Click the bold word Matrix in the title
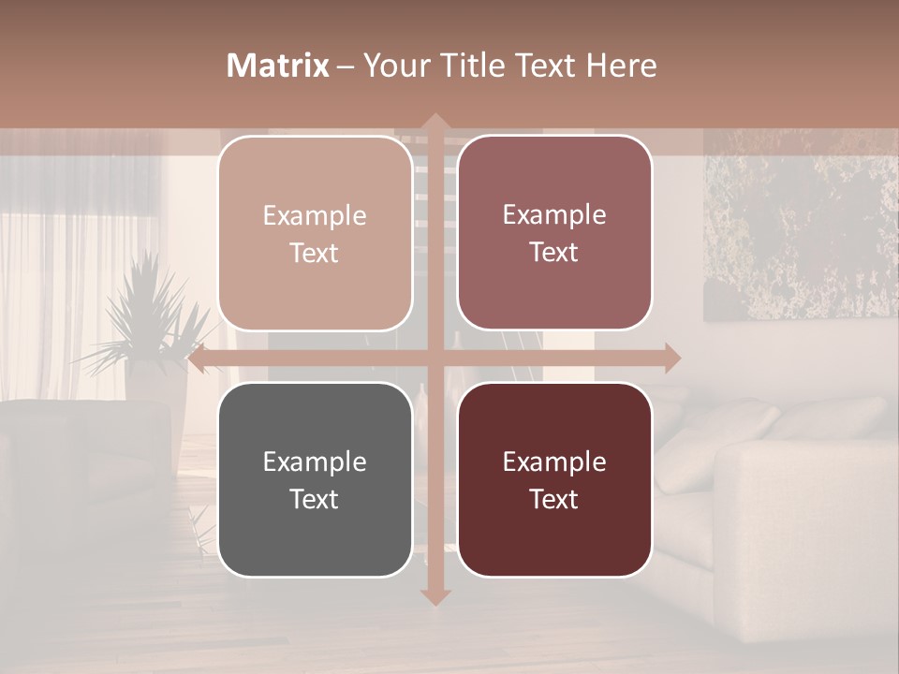click(x=278, y=66)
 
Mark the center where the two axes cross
click(x=435, y=358)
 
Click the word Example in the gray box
click(x=315, y=462)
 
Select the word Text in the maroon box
click(x=554, y=499)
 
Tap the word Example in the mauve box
click(x=554, y=215)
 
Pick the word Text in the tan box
click(x=315, y=253)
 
